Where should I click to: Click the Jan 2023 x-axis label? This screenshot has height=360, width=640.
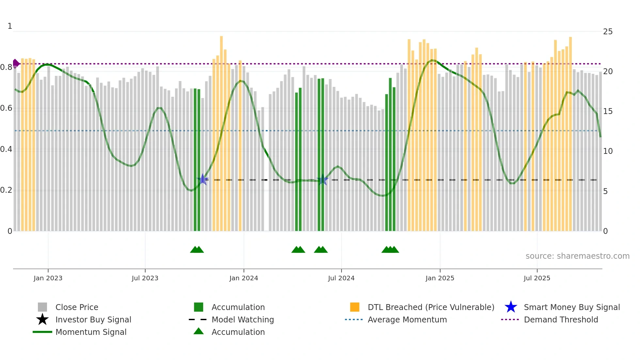tap(48, 278)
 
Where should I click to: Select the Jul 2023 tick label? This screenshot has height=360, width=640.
tap(145, 278)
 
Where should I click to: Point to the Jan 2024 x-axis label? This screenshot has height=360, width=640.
tap(244, 278)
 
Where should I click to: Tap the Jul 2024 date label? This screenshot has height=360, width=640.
tap(341, 278)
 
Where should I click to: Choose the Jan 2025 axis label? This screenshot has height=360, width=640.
tap(440, 278)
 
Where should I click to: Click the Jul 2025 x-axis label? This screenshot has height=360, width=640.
tap(537, 278)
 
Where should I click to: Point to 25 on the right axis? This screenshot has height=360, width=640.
tap(608, 32)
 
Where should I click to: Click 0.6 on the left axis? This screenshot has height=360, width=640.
tap(6, 108)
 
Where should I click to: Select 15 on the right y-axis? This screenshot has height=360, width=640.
tap(608, 111)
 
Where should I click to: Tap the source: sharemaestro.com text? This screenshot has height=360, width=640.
tap(577, 256)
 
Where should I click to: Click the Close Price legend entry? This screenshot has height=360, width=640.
tap(77, 307)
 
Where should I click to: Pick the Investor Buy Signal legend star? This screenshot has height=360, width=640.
tap(42, 319)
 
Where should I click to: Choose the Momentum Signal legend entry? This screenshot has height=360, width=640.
tap(91, 332)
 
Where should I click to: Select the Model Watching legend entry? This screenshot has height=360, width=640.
tap(243, 320)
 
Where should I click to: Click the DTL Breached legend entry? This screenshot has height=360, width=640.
tap(431, 307)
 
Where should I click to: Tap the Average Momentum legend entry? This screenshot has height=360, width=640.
tap(407, 320)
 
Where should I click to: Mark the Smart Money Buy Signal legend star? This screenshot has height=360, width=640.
tap(511, 307)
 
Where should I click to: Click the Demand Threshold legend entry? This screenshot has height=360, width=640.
tap(561, 320)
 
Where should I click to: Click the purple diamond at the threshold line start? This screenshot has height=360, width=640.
tap(15, 63)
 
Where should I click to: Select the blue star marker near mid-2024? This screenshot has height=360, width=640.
tap(323, 180)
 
